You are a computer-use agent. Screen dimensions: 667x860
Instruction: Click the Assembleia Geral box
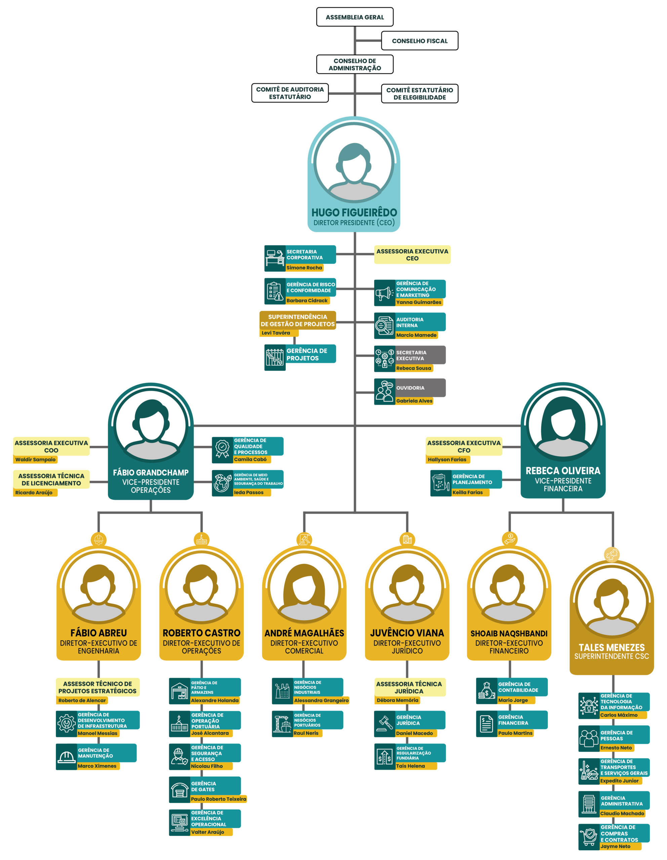pos(355,17)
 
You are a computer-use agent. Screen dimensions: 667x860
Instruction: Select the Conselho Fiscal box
pos(420,41)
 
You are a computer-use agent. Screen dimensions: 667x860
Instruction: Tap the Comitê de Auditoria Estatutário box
pos(290,93)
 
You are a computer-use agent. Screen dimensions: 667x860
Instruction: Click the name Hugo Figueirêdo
pos(354,212)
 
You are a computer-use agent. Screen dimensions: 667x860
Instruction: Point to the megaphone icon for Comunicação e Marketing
pos(384,293)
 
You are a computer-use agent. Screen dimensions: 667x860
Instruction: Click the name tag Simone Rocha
pos(304,268)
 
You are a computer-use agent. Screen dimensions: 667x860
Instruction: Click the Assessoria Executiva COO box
pos(51,446)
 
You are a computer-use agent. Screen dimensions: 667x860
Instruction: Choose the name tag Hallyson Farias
pos(447,460)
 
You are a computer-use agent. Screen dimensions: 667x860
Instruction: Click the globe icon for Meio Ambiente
pos(222,483)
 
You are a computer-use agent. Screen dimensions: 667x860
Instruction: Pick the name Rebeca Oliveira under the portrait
pos(563,471)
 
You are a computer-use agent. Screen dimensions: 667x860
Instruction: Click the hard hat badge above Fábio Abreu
pos(99,539)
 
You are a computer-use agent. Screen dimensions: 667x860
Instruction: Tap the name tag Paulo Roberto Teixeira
pos(219,799)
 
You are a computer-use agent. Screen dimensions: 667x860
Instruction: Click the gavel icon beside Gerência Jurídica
pos(385,724)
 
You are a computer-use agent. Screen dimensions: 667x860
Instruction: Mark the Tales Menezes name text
pos(612,647)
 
